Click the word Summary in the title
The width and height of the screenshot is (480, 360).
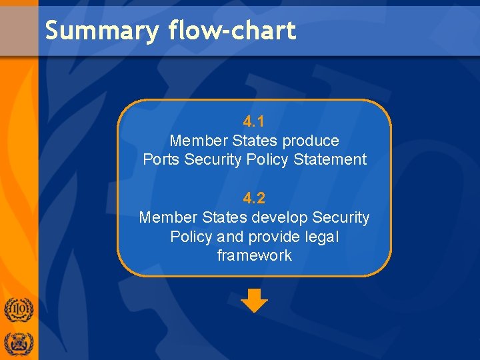pos(102,31)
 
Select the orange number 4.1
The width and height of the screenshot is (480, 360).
pos(254,122)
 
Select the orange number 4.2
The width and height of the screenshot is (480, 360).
pos(254,198)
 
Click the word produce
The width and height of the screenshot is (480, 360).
pos(310,141)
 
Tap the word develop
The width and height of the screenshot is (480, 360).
pos(279,217)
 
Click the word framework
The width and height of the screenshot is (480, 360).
pos(254,255)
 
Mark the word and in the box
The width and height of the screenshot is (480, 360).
pos(230,237)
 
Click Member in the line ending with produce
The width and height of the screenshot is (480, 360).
pos(198,141)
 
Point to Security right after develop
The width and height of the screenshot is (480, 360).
pos(341,217)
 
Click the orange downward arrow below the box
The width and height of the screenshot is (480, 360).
pos(254,300)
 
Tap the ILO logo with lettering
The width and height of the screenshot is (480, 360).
pos(18,311)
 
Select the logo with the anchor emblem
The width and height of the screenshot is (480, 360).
pos(18,343)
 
